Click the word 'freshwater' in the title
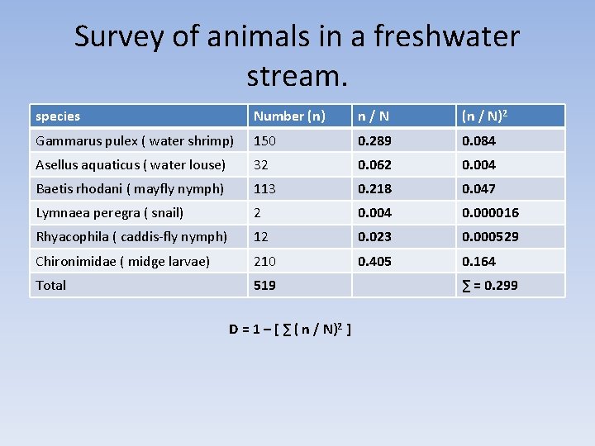click(446, 37)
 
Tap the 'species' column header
click(58, 116)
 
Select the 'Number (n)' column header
click(289, 116)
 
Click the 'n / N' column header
click(374, 116)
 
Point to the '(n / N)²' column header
click(485, 116)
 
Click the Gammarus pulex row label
click(135, 140)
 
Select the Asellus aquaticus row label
click(131, 164)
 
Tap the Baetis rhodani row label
click(130, 188)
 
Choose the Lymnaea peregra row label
click(109, 212)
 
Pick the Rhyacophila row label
click(131, 236)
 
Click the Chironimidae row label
click(122, 261)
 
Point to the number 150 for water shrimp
click(264, 140)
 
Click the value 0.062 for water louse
click(374, 164)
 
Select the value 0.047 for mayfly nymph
click(478, 188)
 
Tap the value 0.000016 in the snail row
click(490, 212)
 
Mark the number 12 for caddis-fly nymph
click(261, 236)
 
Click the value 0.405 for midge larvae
click(374, 261)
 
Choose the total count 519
click(264, 285)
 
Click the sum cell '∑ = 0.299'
click(490, 286)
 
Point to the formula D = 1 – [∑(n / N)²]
click(291, 330)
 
